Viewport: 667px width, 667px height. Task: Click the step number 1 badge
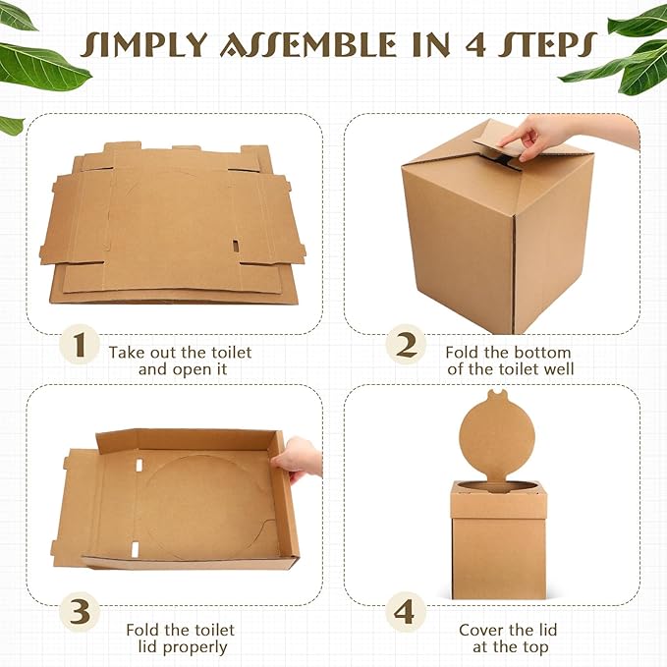(x=80, y=344)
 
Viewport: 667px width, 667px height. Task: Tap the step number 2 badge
(x=406, y=344)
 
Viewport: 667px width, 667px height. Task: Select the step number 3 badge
(x=80, y=612)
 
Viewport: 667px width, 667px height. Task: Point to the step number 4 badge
(x=406, y=612)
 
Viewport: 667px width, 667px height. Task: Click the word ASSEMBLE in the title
(x=308, y=44)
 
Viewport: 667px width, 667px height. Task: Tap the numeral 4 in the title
(x=475, y=45)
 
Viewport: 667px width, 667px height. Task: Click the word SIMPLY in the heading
(x=144, y=44)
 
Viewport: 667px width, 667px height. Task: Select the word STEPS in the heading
(x=548, y=44)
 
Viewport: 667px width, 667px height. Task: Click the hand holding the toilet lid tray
(x=297, y=461)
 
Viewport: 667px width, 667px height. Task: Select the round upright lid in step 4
(x=496, y=438)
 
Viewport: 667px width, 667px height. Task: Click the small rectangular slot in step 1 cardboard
(x=235, y=247)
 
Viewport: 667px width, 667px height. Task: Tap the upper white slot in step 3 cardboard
(x=139, y=465)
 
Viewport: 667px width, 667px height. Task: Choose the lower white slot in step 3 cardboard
(x=136, y=549)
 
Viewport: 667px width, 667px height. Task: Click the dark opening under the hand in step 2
(x=503, y=162)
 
